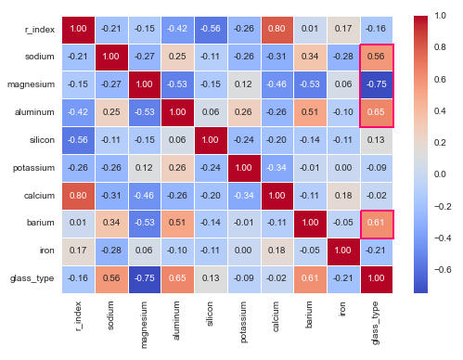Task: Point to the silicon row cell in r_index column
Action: pos(76,141)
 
